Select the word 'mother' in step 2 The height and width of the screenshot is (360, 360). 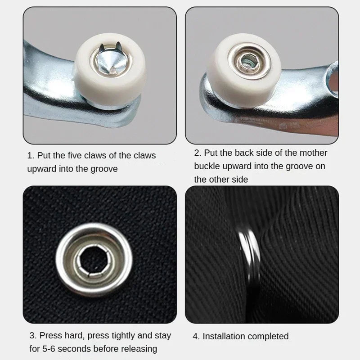click(x=312, y=153)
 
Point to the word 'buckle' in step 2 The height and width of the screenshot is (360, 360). click(x=208, y=166)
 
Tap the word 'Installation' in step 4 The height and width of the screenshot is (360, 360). click(x=224, y=336)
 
